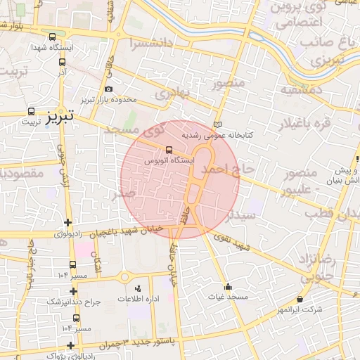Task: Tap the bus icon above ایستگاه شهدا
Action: pos(53,37)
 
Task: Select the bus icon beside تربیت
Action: pos(31,111)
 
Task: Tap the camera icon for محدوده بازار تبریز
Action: pos(108,89)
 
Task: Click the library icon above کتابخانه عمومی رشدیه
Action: pos(218,124)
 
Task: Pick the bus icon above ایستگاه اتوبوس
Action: pos(168,150)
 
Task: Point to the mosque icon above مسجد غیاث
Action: pos(228,286)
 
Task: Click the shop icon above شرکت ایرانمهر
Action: pos(300,298)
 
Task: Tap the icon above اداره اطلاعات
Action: pos(137,288)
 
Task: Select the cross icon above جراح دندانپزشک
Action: pos(73,291)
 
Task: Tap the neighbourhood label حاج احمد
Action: pos(225,170)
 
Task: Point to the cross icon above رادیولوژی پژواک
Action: pos(70,345)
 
